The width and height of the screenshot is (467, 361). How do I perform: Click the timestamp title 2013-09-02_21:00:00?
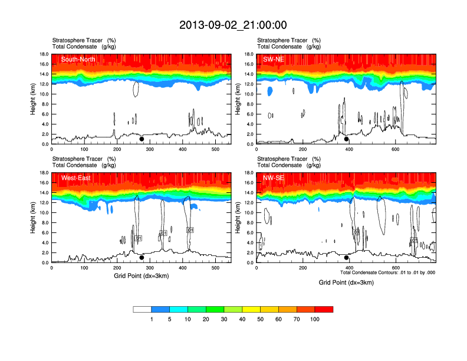point(233,25)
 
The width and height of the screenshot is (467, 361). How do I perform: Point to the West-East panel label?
point(74,178)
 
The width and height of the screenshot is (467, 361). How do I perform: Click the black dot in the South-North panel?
point(142,139)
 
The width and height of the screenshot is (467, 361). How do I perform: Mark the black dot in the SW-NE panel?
point(347,139)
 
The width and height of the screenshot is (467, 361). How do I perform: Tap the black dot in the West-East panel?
point(142,257)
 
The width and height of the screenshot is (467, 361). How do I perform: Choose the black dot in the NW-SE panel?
point(347,257)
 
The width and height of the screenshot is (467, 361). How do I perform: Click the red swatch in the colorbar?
point(324,309)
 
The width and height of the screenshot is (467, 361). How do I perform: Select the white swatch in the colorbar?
point(143,309)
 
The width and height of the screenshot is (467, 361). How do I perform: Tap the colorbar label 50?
point(261,319)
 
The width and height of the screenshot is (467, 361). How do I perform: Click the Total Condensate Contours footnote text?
point(387,273)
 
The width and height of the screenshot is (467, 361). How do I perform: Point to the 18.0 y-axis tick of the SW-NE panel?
point(249,54)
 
